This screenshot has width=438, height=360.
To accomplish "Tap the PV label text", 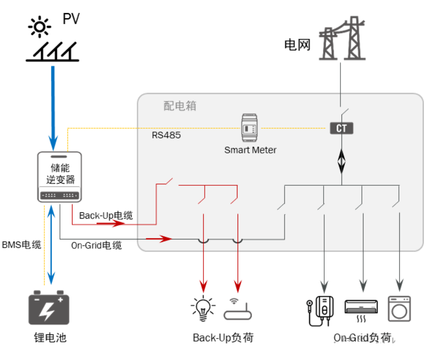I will [x=71, y=19].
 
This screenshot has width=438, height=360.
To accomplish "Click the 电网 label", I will [x=297, y=44].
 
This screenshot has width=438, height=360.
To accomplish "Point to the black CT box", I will [x=341, y=128].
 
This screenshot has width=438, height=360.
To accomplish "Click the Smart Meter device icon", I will [x=250, y=127].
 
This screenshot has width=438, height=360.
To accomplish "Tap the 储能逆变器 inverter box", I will [x=60, y=177].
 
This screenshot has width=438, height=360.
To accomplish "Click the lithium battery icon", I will [x=48, y=307].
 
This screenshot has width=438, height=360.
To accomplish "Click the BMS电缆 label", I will [x=21, y=244].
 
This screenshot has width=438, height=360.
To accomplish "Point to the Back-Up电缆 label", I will [x=106, y=215].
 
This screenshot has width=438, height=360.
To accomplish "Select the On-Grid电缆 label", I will [x=97, y=245].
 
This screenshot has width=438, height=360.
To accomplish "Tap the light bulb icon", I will [x=203, y=308].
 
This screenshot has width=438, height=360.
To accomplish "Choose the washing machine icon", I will [x=399, y=308].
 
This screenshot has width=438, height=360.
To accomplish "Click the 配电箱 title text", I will [x=180, y=106].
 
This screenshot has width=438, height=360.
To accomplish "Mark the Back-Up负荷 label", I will [x=223, y=338].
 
